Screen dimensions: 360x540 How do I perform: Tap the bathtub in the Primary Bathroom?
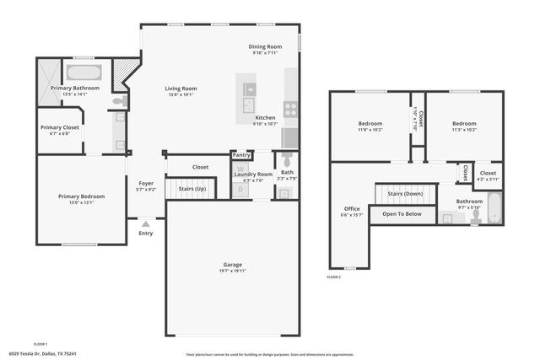click(x=84, y=73)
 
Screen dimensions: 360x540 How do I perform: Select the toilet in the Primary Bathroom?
click(x=122, y=101)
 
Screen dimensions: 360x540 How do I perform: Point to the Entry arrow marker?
click(x=146, y=224)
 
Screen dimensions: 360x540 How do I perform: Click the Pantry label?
click(x=242, y=155)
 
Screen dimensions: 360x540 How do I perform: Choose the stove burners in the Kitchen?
click(x=290, y=108)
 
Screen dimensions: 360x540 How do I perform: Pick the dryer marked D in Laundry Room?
click(x=240, y=191)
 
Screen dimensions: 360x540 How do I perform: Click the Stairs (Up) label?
click(x=192, y=189)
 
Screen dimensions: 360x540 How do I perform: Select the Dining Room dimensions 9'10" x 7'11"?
click(x=265, y=53)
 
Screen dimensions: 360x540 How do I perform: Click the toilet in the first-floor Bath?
click(x=287, y=160)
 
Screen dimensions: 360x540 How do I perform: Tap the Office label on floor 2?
click(x=352, y=208)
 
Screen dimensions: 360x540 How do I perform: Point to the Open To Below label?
click(x=402, y=214)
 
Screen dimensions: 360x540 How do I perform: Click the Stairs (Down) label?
click(x=405, y=194)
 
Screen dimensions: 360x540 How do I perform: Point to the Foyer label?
click(x=146, y=183)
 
